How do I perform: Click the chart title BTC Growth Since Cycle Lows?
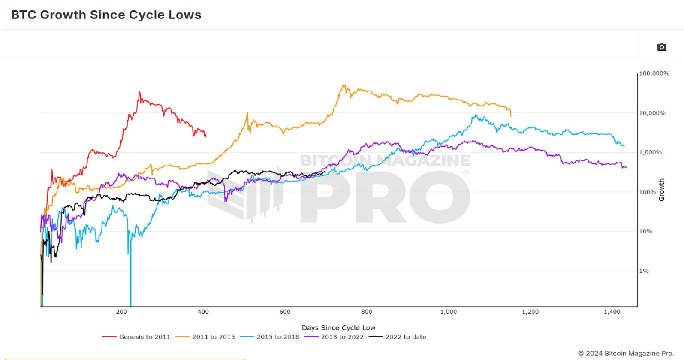coord(106,15)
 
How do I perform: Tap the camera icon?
coord(661,47)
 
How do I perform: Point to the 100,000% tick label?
coord(654,73)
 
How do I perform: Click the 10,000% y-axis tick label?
coord(652,113)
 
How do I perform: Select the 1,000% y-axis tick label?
coord(651,152)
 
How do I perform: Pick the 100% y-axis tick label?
coord(648,192)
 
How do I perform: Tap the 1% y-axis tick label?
coord(644,271)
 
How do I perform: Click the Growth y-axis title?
coord(662,190)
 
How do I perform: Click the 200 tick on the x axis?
coord(121,312)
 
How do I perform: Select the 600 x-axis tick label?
coord(285,312)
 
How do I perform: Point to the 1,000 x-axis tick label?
coord(449,312)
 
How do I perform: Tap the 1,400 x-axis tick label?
coord(612,312)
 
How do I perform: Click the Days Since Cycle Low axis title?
coord(338,327)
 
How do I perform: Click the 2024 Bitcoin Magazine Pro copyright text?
coord(626,353)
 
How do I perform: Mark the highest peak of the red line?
coord(139,92)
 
